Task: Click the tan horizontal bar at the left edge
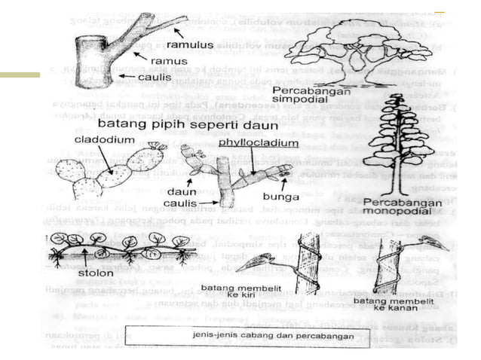pyautogui.click(x=20, y=75)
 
